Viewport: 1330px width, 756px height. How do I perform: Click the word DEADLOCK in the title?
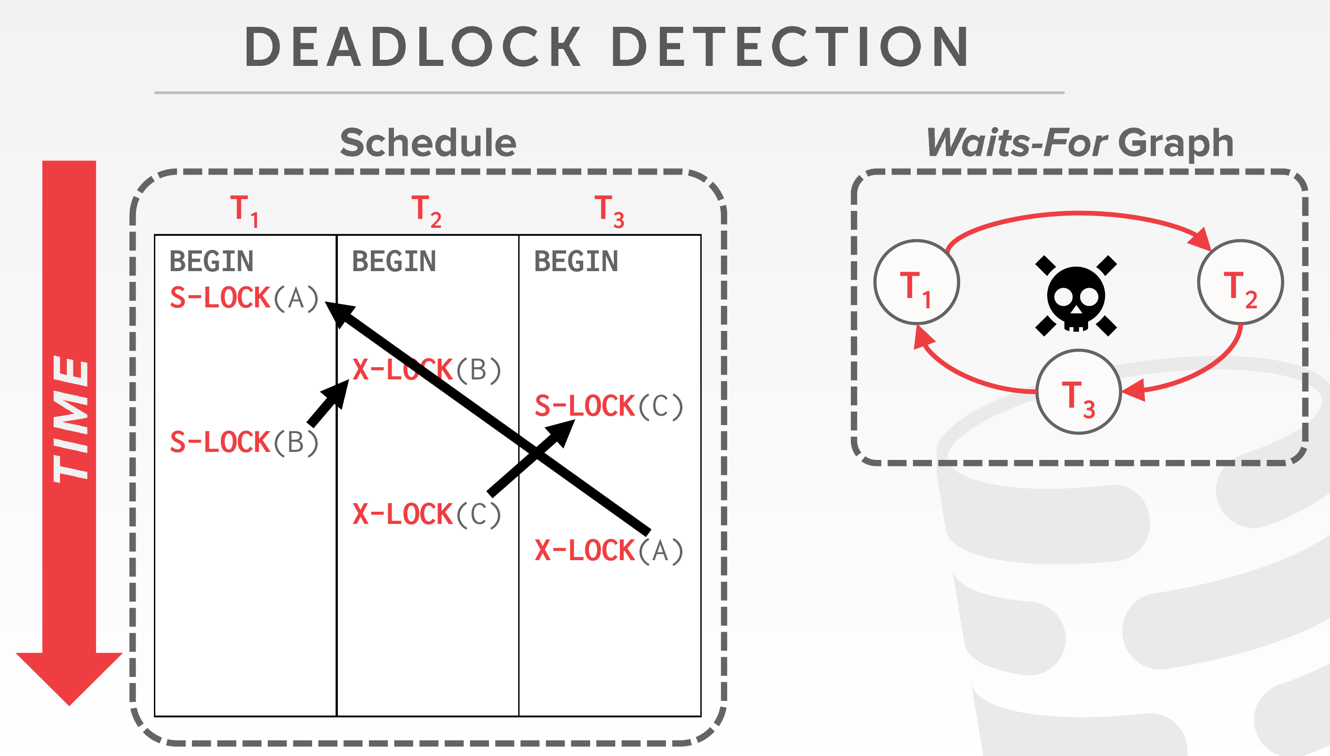pyautogui.click(x=413, y=47)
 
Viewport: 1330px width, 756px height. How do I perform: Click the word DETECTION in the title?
pyautogui.click(x=790, y=47)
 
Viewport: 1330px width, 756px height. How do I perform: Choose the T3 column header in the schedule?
pyautogui.click(x=609, y=211)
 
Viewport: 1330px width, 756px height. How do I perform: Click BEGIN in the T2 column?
pyautogui.click(x=394, y=261)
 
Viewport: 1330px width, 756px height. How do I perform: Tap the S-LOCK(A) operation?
pyautogui.click(x=244, y=298)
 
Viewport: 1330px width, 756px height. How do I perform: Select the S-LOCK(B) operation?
pyautogui.click(x=244, y=442)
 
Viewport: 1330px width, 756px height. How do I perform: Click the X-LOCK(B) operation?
pyautogui.click(x=427, y=370)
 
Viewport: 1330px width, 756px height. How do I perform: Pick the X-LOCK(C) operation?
pyautogui.click(x=427, y=515)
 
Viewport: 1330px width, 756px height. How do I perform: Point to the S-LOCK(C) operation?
pyautogui.click(x=609, y=406)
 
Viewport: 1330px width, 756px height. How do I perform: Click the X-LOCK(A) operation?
pyautogui.click(x=609, y=550)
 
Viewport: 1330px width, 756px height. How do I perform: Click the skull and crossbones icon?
pyautogui.click(x=1076, y=296)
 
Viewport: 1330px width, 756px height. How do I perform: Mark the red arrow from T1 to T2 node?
pyautogui.click(x=1078, y=213)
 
